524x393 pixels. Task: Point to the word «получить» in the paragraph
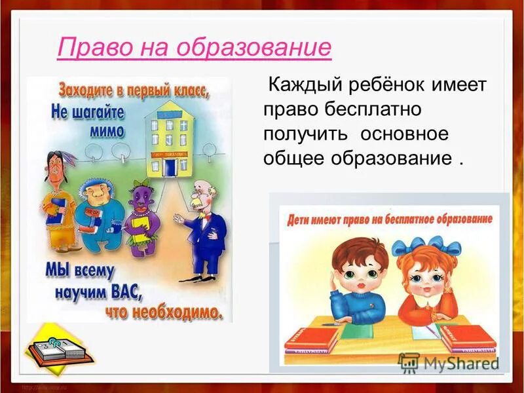(x=300, y=134)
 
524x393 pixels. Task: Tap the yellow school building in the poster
(x=168, y=138)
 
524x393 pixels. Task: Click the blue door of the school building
(x=170, y=166)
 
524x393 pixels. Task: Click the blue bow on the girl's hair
(x=426, y=247)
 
